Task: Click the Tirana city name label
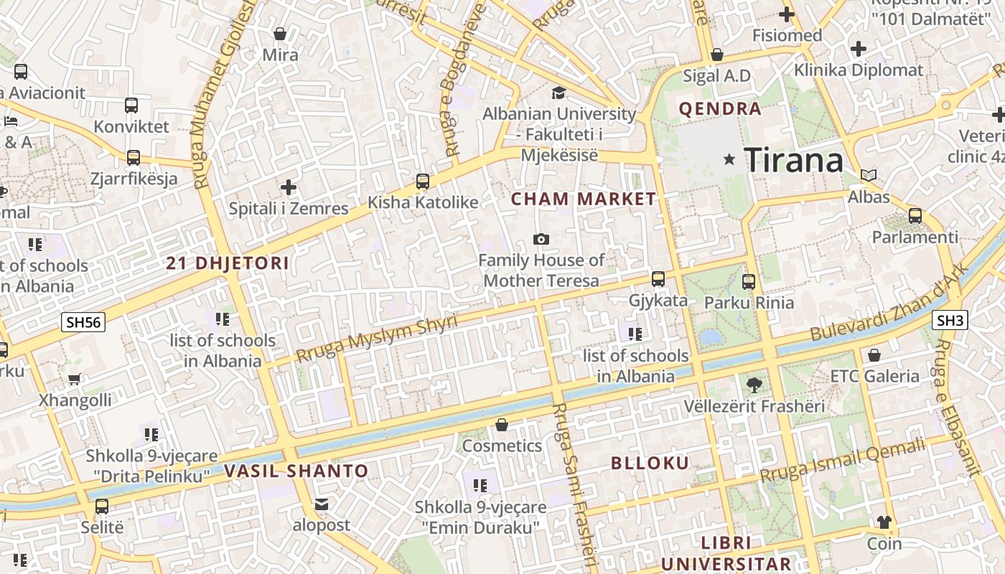click(793, 159)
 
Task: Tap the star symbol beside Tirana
click(729, 159)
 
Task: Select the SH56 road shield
click(83, 322)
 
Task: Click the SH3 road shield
click(950, 320)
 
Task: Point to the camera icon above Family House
click(541, 239)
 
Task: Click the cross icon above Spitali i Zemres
click(289, 188)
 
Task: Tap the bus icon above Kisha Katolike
click(423, 182)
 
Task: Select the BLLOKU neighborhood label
click(650, 463)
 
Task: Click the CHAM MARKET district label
click(583, 199)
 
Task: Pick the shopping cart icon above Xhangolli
click(74, 379)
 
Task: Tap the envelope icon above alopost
click(322, 504)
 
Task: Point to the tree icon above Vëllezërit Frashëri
click(754, 385)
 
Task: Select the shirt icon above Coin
click(884, 522)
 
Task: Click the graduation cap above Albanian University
click(558, 93)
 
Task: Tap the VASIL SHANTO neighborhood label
click(296, 471)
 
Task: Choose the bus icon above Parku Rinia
click(749, 281)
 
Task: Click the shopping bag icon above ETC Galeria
click(874, 355)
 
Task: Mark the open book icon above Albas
click(869, 175)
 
